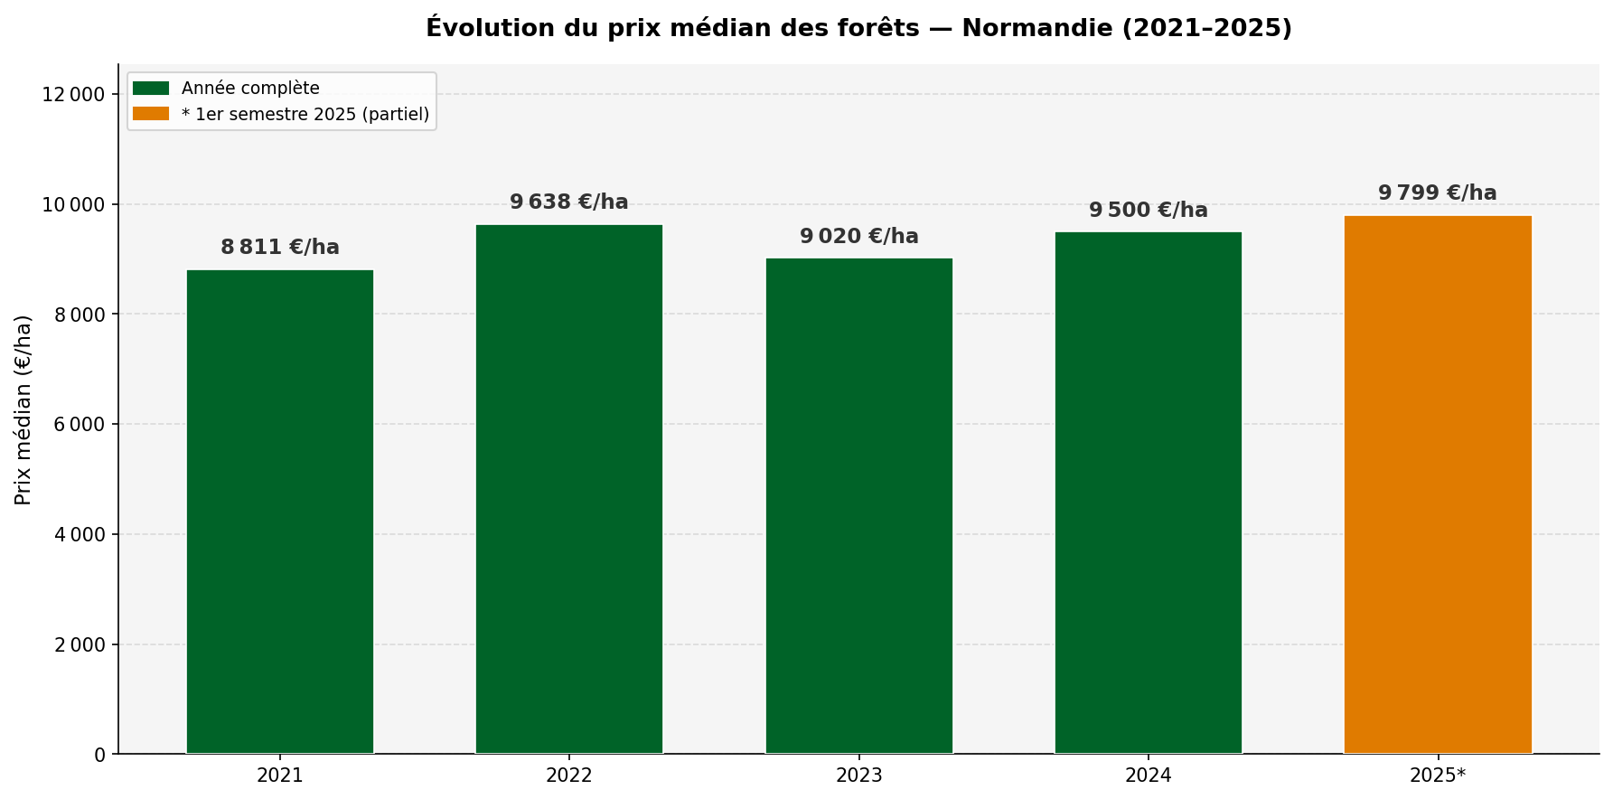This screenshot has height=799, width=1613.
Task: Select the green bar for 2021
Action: coord(280,512)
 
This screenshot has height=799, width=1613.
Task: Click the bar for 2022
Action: coord(569,489)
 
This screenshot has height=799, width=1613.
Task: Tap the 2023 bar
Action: coord(858,506)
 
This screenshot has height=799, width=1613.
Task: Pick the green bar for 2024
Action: coord(1148,493)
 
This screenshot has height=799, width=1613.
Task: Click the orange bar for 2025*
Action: coord(1437,484)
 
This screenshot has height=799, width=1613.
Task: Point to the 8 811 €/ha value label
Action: coord(280,248)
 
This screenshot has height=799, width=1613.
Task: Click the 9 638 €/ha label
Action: coord(569,202)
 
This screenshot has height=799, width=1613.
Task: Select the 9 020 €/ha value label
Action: coord(858,237)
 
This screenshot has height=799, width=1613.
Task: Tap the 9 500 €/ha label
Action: coord(1148,211)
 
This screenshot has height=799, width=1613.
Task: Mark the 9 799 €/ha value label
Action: coord(1437,193)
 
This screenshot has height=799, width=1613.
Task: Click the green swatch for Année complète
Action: coord(151,89)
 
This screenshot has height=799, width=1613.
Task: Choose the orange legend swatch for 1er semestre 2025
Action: coord(151,115)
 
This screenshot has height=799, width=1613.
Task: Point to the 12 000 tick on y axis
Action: coord(74,95)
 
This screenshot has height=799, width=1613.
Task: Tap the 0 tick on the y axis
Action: coord(99,755)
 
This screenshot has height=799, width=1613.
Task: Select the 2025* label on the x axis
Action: coord(1437,775)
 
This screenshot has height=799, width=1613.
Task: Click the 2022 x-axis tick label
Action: coord(569,775)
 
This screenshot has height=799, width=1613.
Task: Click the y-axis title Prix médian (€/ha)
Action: coord(23,409)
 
